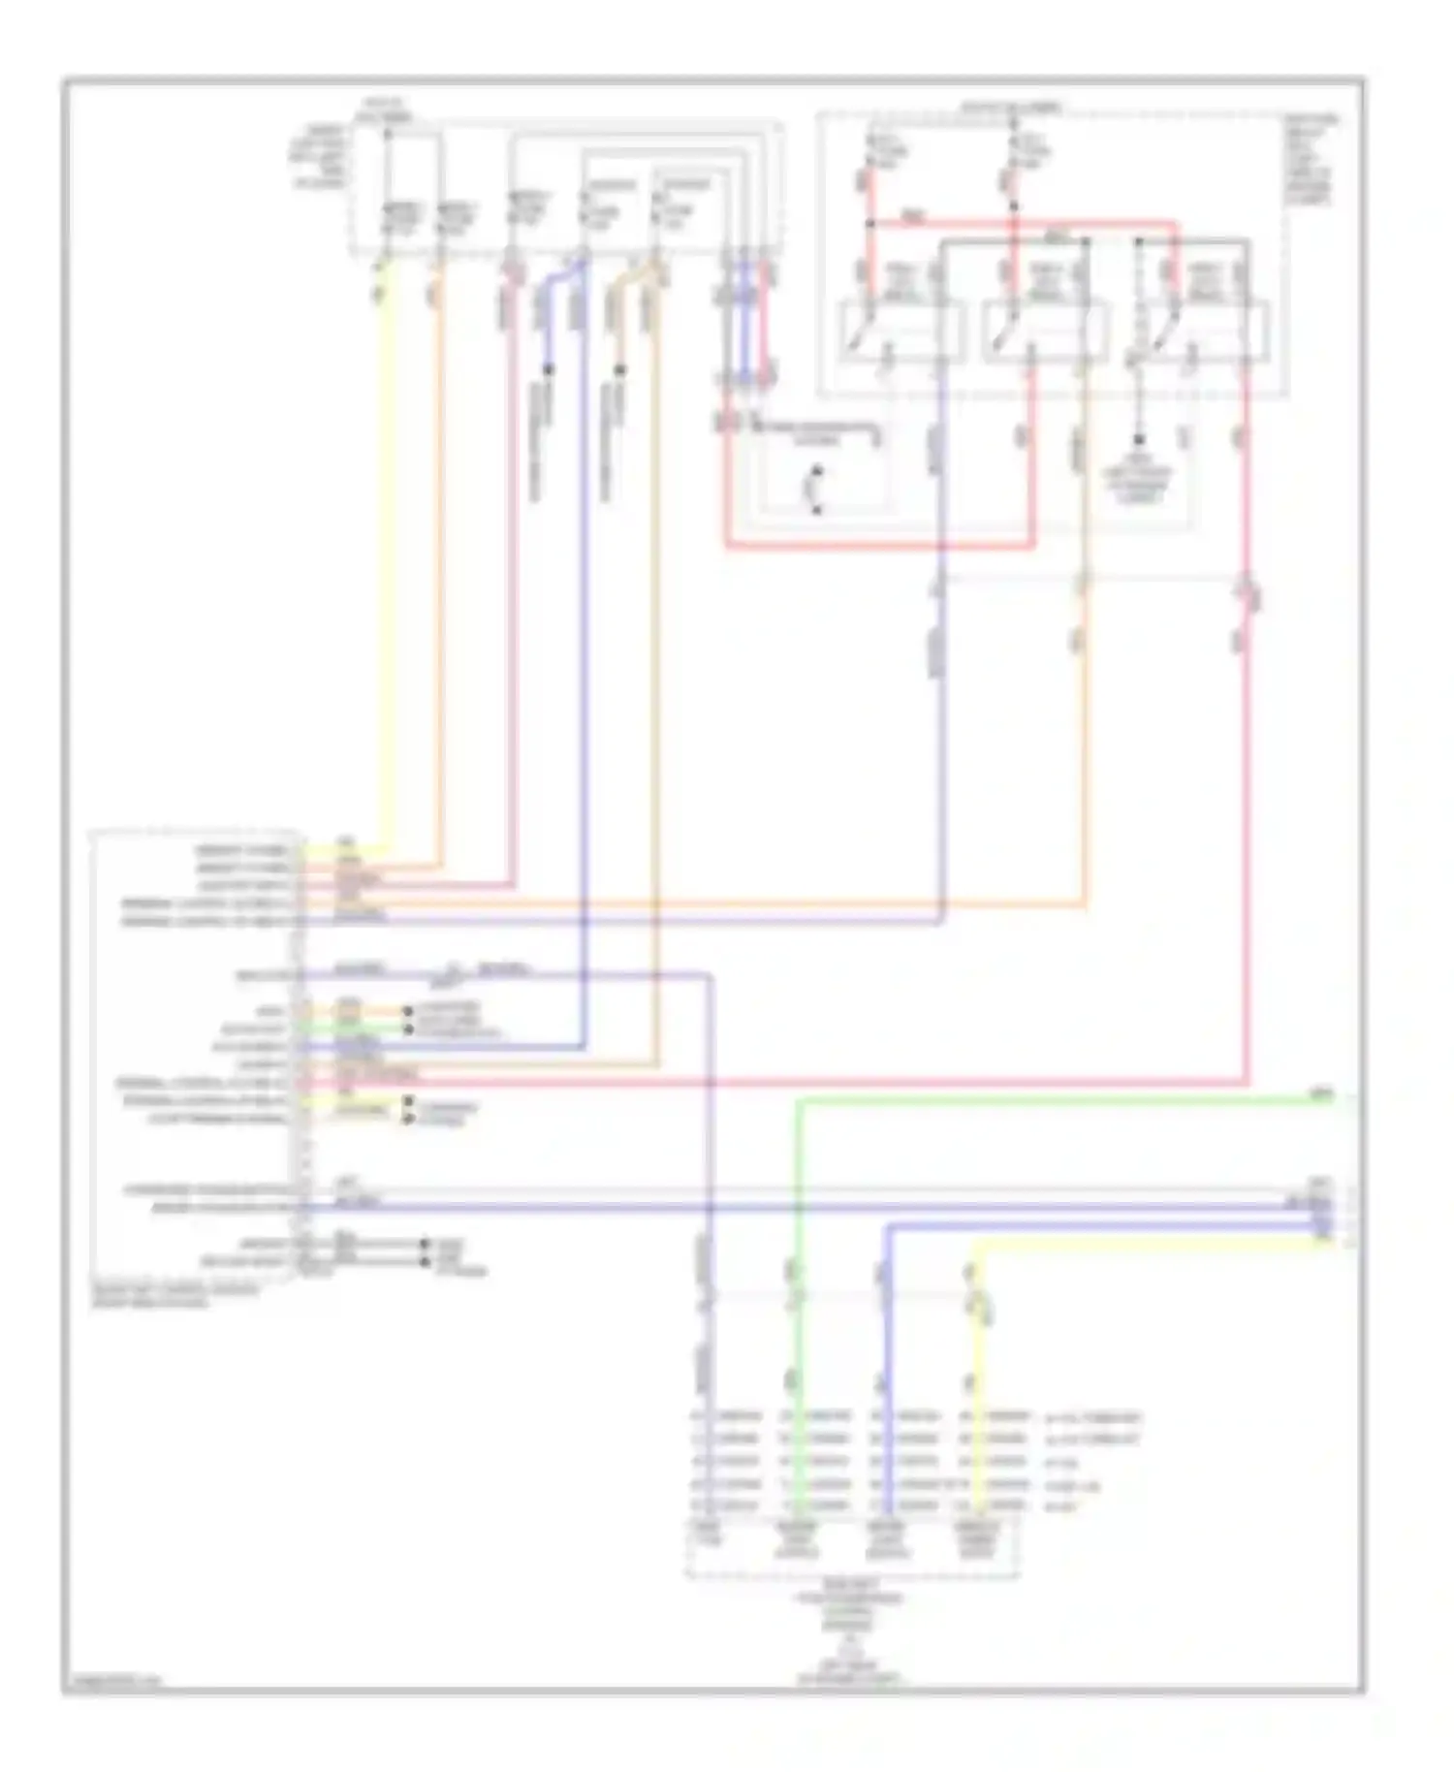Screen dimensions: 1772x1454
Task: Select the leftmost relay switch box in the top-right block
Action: click(x=900, y=330)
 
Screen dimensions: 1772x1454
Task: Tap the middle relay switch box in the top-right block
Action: click(x=1045, y=330)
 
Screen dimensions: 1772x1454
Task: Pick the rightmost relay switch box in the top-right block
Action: click(x=1205, y=330)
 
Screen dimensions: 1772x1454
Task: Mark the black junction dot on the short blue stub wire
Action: click(x=549, y=369)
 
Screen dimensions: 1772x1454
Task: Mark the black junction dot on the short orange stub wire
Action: click(x=620, y=369)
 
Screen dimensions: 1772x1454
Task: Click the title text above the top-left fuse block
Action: click(x=385, y=110)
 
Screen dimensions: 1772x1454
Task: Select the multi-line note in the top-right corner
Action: click(x=1311, y=160)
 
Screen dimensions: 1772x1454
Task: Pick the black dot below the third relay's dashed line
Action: click(x=1139, y=439)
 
